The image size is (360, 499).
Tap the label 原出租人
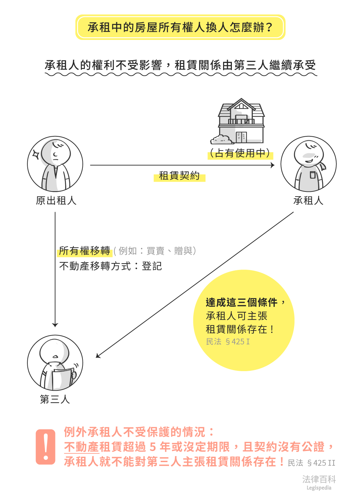[x=56, y=201]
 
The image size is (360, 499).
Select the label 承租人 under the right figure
[x=308, y=201]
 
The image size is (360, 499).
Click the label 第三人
[x=55, y=399]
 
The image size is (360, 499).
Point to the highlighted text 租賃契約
[x=179, y=176]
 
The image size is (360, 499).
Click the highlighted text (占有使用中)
[x=240, y=153]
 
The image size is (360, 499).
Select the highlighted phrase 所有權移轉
[x=85, y=251]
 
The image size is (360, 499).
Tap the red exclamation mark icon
[x=45, y=447]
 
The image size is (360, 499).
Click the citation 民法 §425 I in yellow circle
[x=228, y=342]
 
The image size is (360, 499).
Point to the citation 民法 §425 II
[x=311, y=463]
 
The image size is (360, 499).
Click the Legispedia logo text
[x=319, y=482]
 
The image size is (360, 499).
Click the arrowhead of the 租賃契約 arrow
[x=273, y=165]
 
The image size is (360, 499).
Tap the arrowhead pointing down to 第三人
[x=55, y=325]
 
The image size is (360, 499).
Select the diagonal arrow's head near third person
[x=98, y=356]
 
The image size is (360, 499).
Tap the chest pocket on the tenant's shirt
[x=313, y=175]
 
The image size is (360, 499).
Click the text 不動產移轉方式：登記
[x=111, y=266]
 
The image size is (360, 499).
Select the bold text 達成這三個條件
[x=241, y=302]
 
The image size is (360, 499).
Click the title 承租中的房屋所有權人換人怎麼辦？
[x=180, y=27]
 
